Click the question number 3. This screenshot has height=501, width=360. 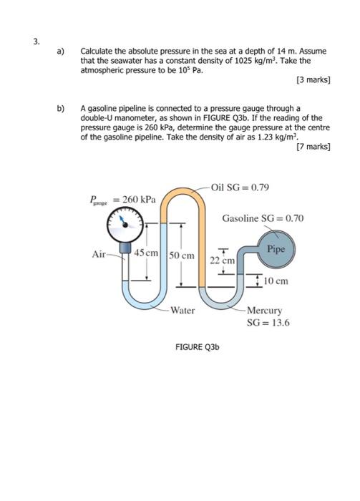pos(35,40)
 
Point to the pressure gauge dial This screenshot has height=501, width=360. pos(126,225)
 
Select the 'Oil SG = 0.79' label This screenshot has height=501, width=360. pos(240,188)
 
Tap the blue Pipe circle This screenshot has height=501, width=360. pos(277,248)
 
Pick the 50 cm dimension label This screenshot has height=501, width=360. pos(182,255)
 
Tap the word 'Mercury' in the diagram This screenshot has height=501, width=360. pos(265,311)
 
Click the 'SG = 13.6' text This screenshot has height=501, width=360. pos(268,323)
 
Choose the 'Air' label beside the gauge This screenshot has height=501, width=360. pos(99,254)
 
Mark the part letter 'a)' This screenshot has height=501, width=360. pos(62,52)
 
